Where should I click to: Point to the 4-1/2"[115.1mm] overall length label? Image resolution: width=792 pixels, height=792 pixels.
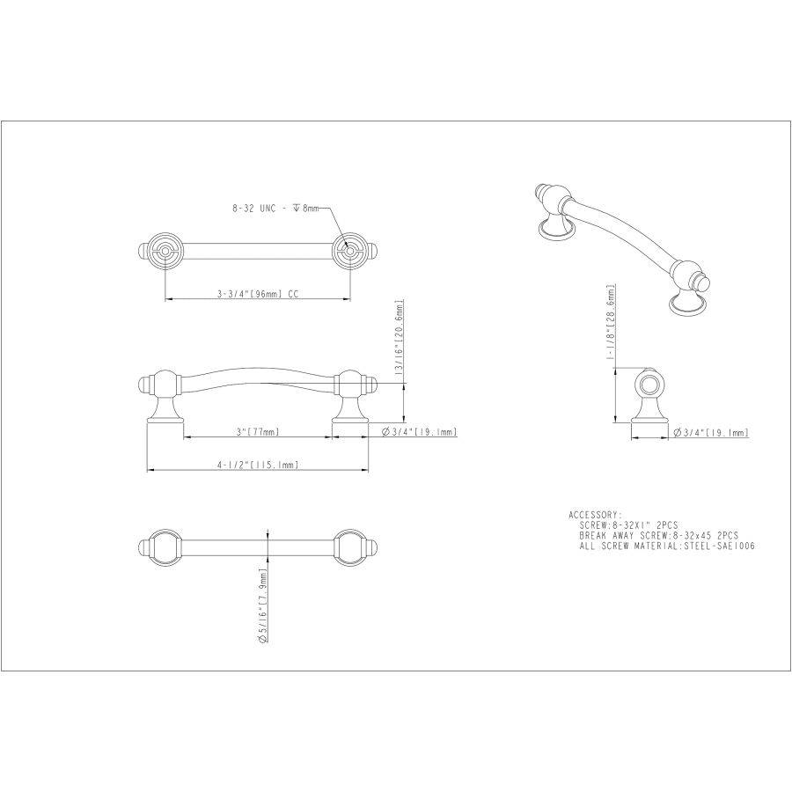[x=257, y=466]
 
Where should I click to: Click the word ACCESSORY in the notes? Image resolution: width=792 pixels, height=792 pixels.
[x=595, y=514]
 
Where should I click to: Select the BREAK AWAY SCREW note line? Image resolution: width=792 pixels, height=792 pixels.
[x=658, y=535]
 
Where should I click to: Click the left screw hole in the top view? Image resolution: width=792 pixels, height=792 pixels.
[x=165, y=252]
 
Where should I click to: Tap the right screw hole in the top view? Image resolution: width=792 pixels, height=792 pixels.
[x=349, y=252]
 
